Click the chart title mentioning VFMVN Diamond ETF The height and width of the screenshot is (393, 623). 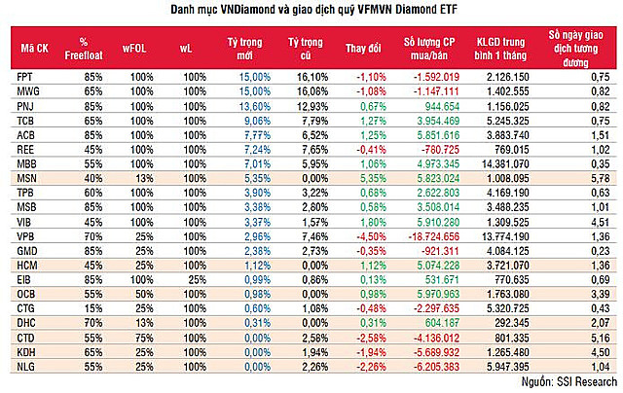point(311,12)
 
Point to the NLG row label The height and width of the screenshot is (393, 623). point(26,368)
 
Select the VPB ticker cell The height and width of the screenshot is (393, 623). point(26,235)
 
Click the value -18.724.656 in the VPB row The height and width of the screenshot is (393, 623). point(426,235)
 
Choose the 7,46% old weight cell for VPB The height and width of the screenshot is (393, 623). point(305,235)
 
